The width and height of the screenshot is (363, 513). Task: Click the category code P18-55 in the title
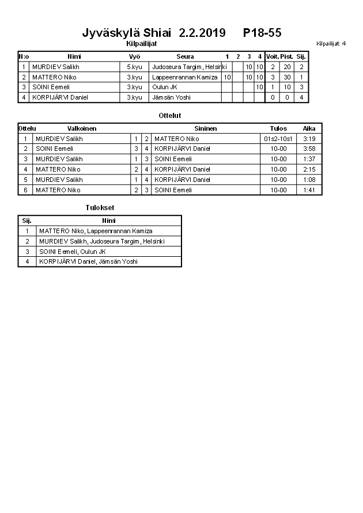(262, 33)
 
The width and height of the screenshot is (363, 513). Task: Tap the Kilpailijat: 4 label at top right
(331, 43)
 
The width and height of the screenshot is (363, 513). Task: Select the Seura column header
(185, 56)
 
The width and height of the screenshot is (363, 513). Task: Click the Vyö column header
(134, 56)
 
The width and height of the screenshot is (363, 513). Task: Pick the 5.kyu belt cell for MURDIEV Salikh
(134, 67)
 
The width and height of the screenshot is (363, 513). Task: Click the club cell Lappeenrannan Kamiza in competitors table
(185, 77)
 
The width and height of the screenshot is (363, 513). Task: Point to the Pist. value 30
(286, 77)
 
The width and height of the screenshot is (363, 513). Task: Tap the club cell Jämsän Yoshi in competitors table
(171, 97)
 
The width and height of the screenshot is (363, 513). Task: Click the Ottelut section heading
(170, 116)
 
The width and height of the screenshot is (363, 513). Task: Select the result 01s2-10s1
(278, 139)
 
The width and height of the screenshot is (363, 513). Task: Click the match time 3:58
(309, 149)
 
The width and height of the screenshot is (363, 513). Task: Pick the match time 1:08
(309, 180)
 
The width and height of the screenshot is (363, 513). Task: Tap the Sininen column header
(205, 128)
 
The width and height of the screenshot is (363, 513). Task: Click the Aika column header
(309, 128)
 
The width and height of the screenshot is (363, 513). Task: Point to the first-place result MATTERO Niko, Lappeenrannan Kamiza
(96, 231)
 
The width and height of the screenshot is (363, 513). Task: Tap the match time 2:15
(309, 169)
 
